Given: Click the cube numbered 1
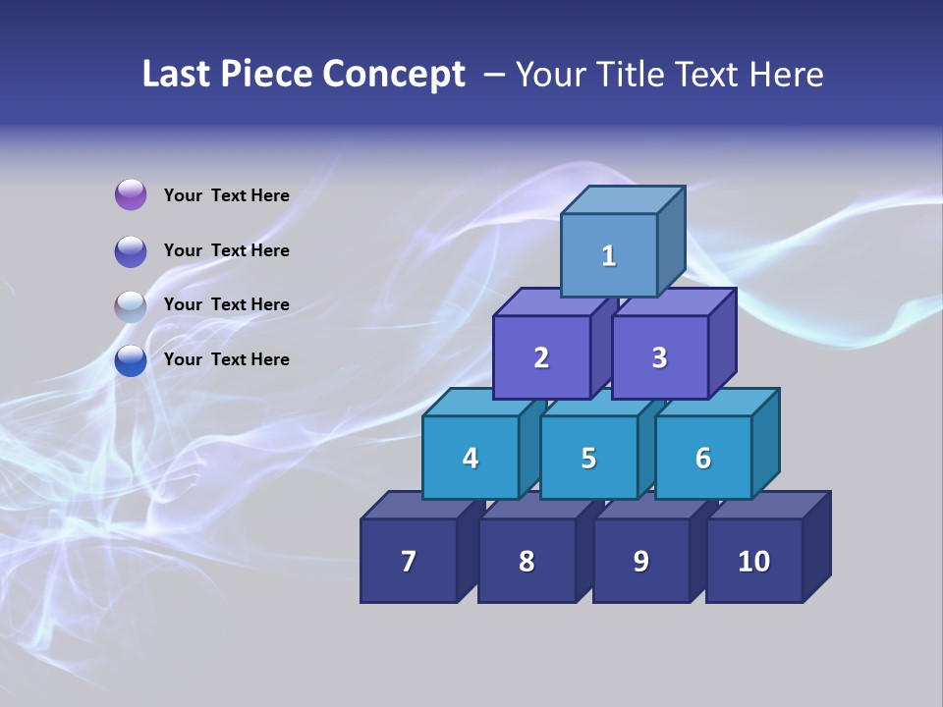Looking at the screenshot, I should pos(609,255).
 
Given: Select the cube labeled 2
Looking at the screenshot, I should pos(541,357).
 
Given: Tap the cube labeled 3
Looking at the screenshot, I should pos(659,357).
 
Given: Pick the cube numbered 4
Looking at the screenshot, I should pos(471,458).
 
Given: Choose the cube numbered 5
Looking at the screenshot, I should pos(588,458).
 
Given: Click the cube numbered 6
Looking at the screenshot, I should pos(703,458).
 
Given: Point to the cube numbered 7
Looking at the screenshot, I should pos(409,561).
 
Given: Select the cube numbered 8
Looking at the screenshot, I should pos(527,561).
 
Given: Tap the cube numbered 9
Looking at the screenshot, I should pos(640,561).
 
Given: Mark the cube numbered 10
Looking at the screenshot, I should pos(754,561).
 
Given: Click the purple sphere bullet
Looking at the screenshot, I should pos(131,195).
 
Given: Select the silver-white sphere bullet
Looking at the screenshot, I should pos(131,306).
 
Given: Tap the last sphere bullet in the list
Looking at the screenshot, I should pos(131,360).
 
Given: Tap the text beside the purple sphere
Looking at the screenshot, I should pos(227,195).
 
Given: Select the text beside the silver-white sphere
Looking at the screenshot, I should pos(227,304).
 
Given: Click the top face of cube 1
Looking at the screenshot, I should pos(623,199).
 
